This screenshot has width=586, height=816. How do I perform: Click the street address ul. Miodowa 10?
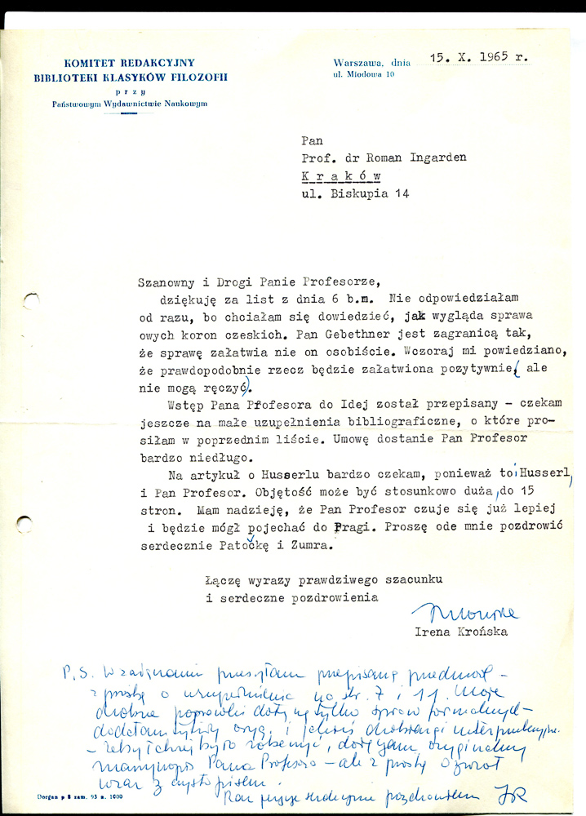(x=364, y=75)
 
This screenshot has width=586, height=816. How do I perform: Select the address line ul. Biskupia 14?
(x=353, y=193)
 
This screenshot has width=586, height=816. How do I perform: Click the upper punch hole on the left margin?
(x=30, y=302)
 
